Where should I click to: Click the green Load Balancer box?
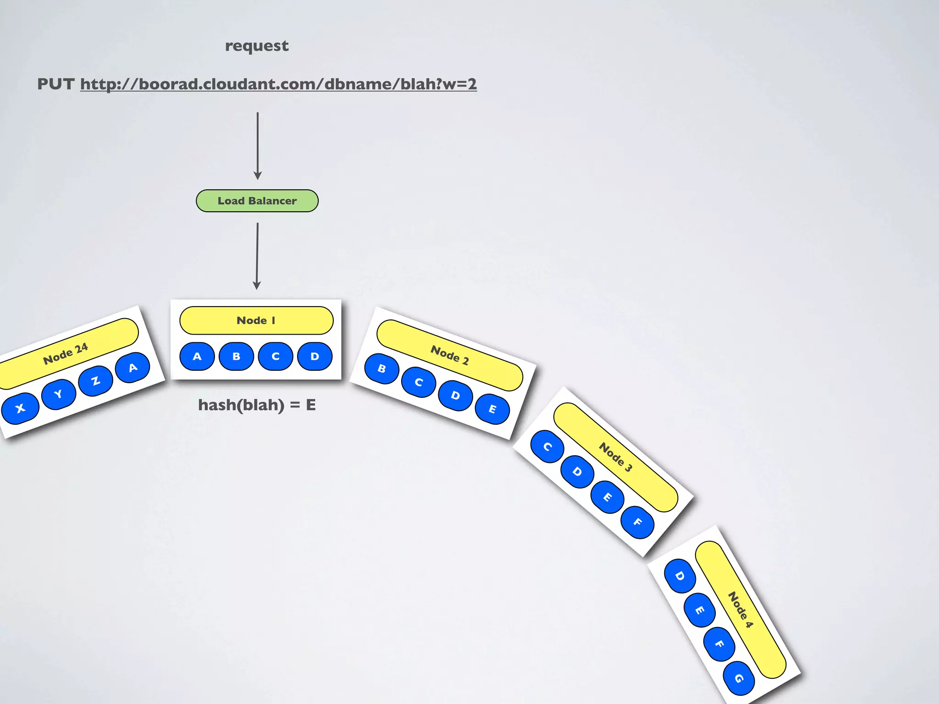click(x=257, y=201)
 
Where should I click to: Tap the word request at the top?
click(x=257, y=46)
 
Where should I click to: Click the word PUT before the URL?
click(x=55, y=84)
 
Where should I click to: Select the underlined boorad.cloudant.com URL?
click(x=278, y=84)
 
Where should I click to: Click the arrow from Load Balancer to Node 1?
click(x=257, y=256)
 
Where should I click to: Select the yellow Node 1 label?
click(x=256, y=320)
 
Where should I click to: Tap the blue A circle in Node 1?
click(x=197, y=356)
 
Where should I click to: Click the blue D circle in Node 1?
click(x=315, y=356)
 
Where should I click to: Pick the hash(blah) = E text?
click(x=257, y=405)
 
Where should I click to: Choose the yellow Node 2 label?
click(x=449, y=355)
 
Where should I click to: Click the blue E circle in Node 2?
click(x=492, y=409)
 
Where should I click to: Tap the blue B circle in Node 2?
click(x=381, y=368)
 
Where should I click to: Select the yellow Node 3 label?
click(x=615, y=457)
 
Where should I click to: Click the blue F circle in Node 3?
click(x=637, y=522)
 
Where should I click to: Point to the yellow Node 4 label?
click(x=740, y=610)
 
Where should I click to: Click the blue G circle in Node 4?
click(x=739, y=678)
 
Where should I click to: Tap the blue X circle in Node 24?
click(x=20, y=408)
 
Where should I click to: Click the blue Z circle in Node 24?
click(x=95, y=380)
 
